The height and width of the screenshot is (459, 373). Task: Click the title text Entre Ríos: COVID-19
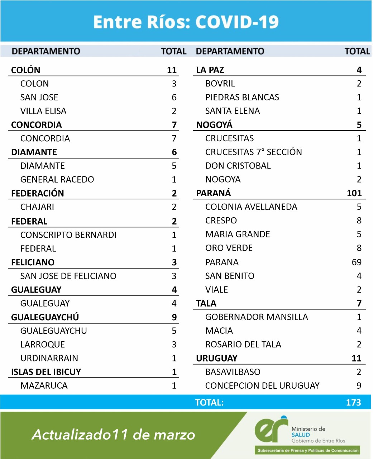point(186,22)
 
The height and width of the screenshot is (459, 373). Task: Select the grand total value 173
point(353,402)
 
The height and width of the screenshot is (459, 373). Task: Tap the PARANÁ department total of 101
point(354,193)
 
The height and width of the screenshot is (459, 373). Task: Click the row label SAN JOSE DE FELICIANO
point(68,276)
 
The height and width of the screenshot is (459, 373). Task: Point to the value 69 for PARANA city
point(357,262)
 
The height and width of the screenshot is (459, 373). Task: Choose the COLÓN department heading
point(26,70)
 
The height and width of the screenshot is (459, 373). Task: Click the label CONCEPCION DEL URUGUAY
point(262,386)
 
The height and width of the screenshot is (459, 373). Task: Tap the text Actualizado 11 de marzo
point(114,435)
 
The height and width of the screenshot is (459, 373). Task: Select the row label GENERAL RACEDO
point(57,180)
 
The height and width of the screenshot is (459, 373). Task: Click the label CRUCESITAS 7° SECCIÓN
point(253,152)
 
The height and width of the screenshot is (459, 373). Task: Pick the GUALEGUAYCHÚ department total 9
point(174,317)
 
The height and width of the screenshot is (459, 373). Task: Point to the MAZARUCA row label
point(44,386)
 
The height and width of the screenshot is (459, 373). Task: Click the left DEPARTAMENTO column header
point(46,51)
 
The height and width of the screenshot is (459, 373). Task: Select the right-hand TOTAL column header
point(357,51)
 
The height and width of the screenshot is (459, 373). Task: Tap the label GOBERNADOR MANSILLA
point(257,317)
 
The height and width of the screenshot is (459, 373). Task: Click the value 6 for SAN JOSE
point(174,98)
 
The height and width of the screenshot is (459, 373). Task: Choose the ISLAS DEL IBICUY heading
point(46,372)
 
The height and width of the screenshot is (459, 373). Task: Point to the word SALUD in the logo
point(300,435)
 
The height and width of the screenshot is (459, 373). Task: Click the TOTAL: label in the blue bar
point(209,402)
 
